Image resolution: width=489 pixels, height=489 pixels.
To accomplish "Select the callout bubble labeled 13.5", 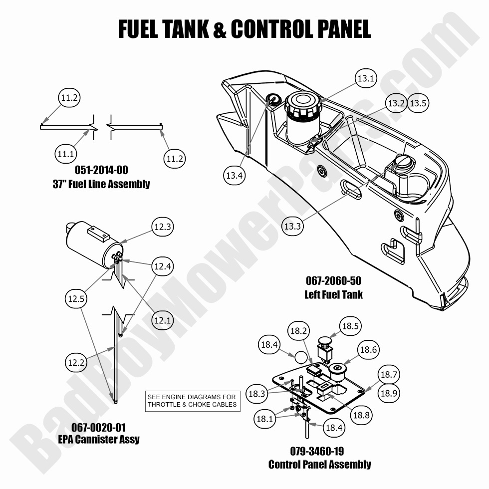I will click(418, 103).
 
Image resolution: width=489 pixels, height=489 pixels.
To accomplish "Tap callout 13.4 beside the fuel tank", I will click(234, 175).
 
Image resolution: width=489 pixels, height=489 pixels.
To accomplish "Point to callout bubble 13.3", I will click(292, 226).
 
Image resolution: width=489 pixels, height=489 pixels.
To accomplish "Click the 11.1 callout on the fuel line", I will click(65, 155).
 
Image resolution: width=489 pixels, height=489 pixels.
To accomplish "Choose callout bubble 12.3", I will click(163, 227).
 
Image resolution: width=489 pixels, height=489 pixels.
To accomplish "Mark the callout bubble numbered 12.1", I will click(162, 320).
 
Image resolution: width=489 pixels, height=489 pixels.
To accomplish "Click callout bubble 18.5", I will click(350, 325).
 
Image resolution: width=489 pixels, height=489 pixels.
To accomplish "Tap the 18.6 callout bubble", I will click(368, 350).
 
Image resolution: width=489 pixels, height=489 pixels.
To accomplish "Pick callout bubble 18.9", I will click(389, 393).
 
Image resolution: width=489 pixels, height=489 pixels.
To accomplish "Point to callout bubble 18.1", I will click(265, 419).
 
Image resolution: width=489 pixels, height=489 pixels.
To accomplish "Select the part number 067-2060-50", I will click(333, 281).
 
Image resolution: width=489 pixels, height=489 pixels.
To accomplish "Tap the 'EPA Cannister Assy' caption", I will click(98, 440).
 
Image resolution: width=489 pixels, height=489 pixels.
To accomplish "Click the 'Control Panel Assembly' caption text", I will click(319, 465).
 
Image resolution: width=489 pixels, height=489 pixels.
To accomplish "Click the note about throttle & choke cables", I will click(192, 401).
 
